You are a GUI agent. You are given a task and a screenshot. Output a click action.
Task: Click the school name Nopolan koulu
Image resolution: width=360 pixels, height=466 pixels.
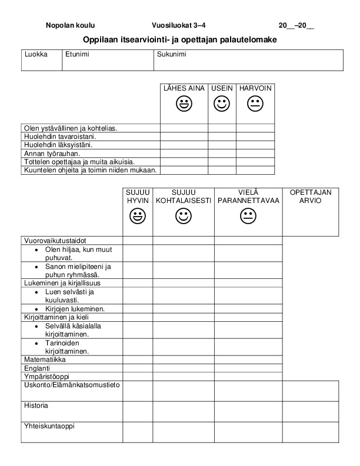(70, 25)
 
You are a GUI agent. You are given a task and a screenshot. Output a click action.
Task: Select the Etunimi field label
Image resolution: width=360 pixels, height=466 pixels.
(77, 54)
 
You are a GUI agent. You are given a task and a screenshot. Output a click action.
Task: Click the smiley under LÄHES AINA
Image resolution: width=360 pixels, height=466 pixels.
(184, 105)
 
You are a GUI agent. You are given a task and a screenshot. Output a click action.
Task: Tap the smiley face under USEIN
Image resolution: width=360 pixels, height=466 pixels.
(222, 105)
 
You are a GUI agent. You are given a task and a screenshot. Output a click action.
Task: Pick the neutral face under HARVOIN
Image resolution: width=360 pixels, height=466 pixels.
(255, 105)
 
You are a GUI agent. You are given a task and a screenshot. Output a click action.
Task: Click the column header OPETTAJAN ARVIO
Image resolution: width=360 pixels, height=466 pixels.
(311, 196)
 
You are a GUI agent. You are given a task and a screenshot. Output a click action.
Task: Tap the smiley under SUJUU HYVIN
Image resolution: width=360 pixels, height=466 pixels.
(138, 217)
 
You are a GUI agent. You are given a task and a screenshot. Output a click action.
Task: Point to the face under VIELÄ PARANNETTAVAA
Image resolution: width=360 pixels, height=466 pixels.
(248, 217)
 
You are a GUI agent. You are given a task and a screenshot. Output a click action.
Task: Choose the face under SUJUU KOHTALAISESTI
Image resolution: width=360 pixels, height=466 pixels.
(184, 217)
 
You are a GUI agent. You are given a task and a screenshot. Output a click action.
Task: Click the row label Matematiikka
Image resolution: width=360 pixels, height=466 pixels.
(45, 359)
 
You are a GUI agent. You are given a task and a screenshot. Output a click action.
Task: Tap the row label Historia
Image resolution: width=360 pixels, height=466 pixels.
(36, 405)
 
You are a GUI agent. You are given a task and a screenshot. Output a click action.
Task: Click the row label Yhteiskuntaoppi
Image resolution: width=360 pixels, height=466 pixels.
(49, 426)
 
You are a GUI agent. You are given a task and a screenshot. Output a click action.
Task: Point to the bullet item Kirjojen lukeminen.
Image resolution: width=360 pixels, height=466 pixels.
(75, 308)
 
